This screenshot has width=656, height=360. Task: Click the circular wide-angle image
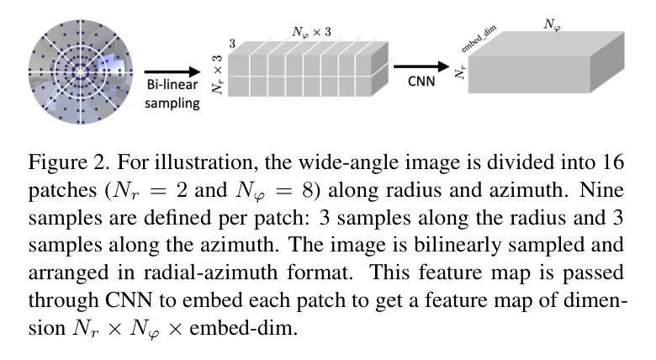pos(81,72)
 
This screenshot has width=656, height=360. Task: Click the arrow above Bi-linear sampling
pos(172,72)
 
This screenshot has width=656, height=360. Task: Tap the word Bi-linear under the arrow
pos(172,85)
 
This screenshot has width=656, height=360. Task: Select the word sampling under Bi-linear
pos(172,103)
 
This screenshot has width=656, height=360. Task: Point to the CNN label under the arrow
pos(421,81)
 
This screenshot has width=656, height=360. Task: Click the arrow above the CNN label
pos(421,66)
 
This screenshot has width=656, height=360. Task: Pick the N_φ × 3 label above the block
pos(312,32)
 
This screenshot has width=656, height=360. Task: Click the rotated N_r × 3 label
pos(218,75)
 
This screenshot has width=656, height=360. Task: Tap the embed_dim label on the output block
pos(479,39)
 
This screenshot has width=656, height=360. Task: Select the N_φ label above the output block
pos(553,25)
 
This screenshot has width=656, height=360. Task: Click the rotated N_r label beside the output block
pos(460,71)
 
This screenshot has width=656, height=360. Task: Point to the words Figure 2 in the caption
pos(68,162)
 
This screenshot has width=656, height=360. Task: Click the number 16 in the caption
pos(613,162)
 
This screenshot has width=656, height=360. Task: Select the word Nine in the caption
pos(601,189)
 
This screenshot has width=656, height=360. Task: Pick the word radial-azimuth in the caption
pos(210,273)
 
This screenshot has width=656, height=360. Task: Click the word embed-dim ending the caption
pos(244,328)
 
